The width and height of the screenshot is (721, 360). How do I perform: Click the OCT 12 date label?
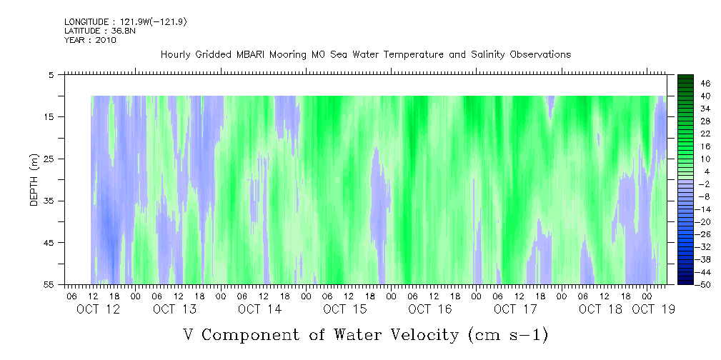99,309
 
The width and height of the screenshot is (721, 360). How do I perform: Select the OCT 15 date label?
345,309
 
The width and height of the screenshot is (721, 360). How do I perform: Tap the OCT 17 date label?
515,309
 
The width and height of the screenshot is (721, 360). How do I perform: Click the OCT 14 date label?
260,309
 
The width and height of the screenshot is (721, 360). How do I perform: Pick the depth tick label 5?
51,74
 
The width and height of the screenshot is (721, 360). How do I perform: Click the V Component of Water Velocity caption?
365,334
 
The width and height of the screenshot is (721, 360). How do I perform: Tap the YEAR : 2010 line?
89,40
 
